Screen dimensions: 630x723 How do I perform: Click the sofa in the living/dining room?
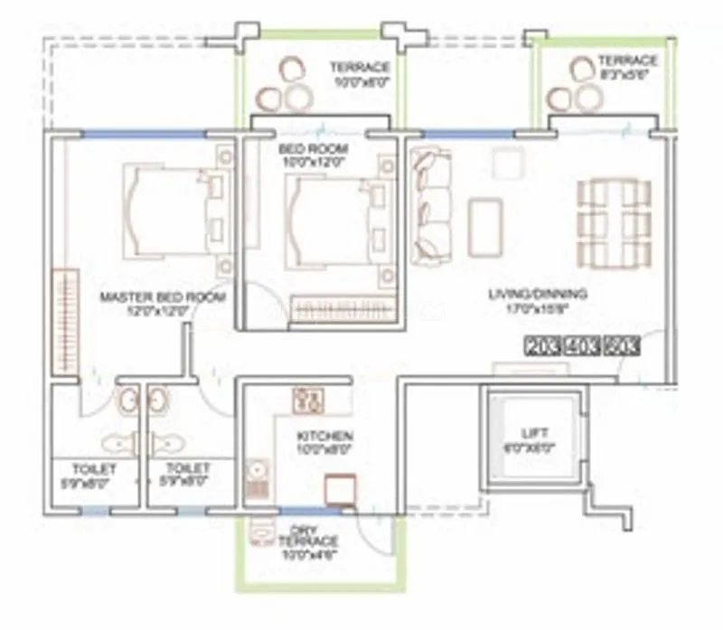[x=429, y=205]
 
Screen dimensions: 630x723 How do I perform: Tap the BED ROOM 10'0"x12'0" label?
[x=313, y=155]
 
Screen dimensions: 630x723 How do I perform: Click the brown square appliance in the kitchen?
[x=340, y=489]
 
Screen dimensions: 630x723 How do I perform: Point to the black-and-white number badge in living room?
[x=582, y=344]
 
